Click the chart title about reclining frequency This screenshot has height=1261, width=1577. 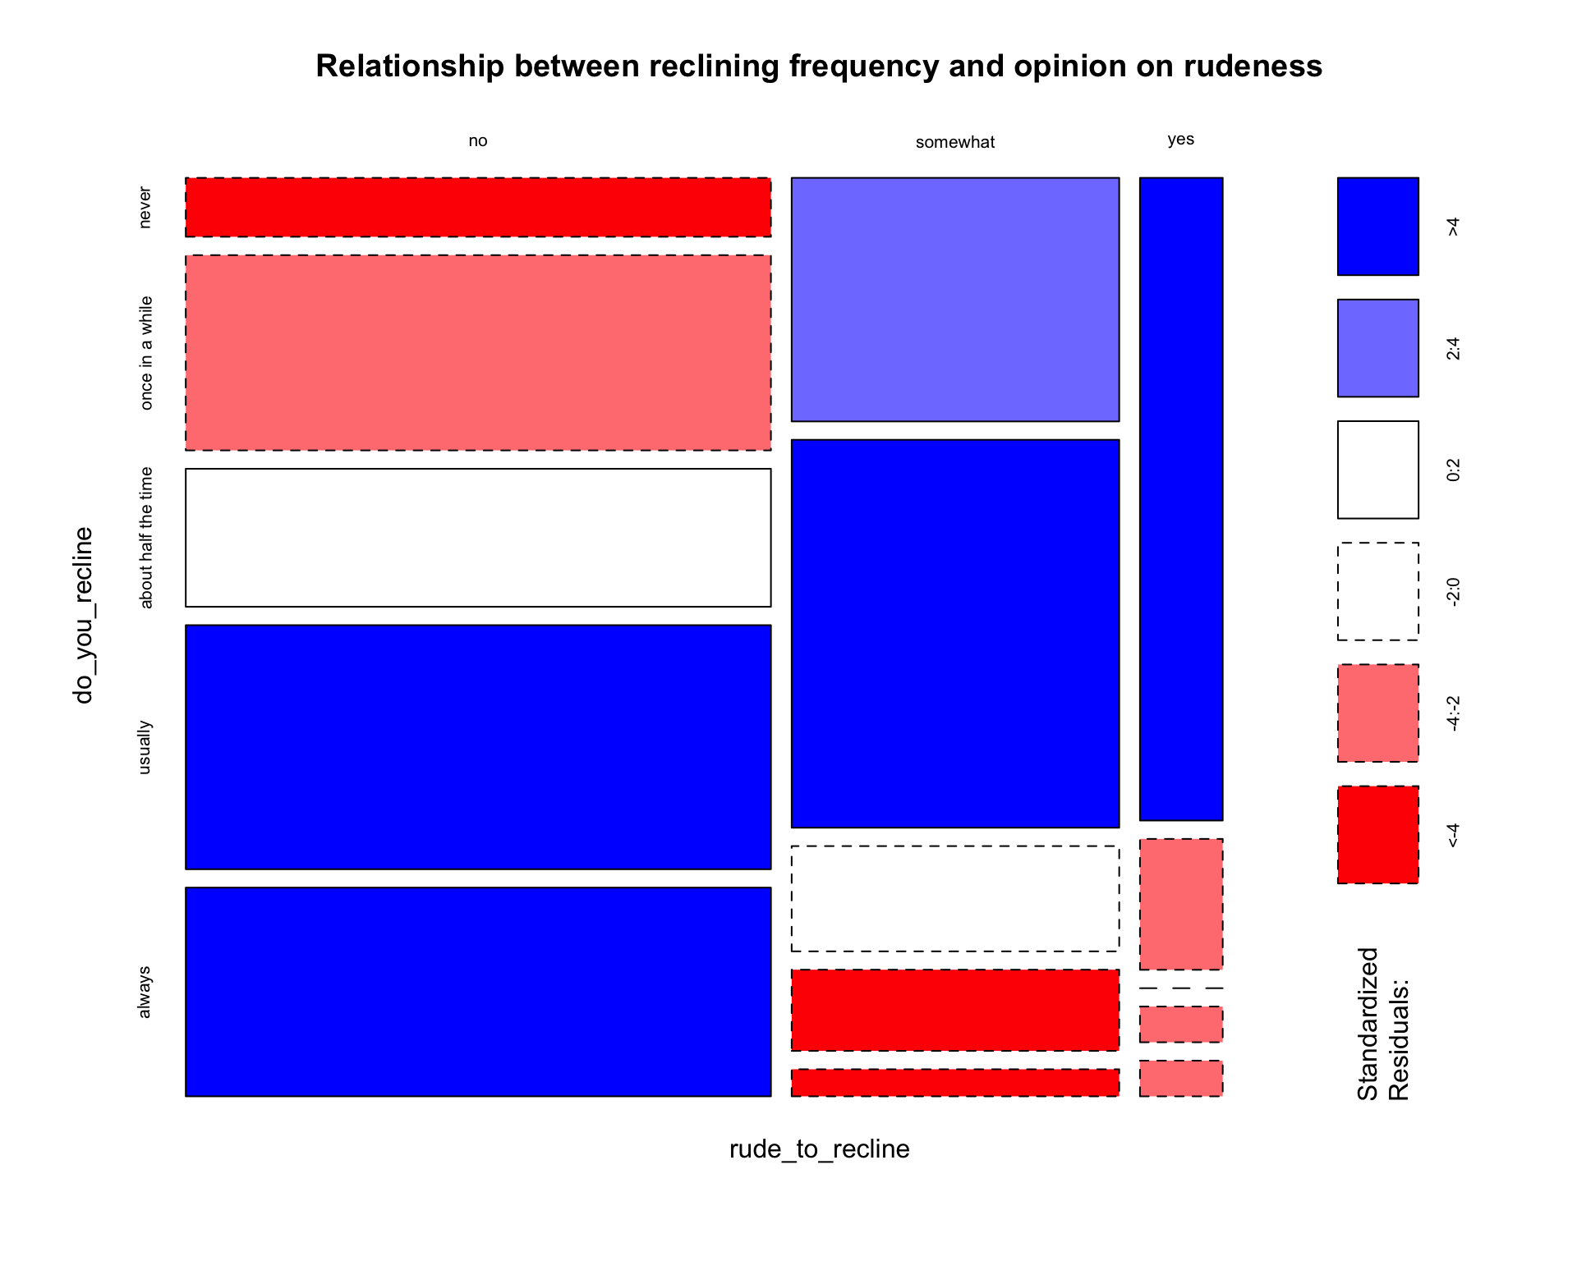(x=819, y=66)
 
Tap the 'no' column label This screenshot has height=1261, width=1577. (x=477, y=141)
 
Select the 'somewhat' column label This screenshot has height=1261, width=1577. (x=954, y=143)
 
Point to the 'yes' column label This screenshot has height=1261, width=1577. (x=1180, y=140)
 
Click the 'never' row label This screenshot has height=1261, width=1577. (x=145, y=208)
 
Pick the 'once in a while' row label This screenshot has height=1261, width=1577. (x=146, y=353)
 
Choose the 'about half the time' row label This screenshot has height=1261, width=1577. (x=146, y=538)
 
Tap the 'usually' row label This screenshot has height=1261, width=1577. (x=145, y=747)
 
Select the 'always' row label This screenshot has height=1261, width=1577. (x=145, y=992)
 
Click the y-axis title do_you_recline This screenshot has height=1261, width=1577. (x=84, y=616)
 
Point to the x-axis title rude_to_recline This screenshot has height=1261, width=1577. (x=819, y=1149)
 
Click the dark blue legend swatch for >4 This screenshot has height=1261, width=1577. (x=1377, y=227)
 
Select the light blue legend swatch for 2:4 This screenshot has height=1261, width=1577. (x=1377, y=348)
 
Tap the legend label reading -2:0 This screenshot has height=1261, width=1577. (x=1453, y=592)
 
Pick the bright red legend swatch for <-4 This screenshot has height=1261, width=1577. (x=1377, y=835)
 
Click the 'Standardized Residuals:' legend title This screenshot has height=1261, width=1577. (x=1382, y=1024)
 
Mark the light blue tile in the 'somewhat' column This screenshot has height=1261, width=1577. (x=954, y=300)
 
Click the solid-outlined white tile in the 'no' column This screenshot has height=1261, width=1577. (x=477, y=538)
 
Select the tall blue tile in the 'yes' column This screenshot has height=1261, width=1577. (x=1180, y=499)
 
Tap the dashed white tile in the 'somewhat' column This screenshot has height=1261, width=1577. (x=954, y=899)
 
